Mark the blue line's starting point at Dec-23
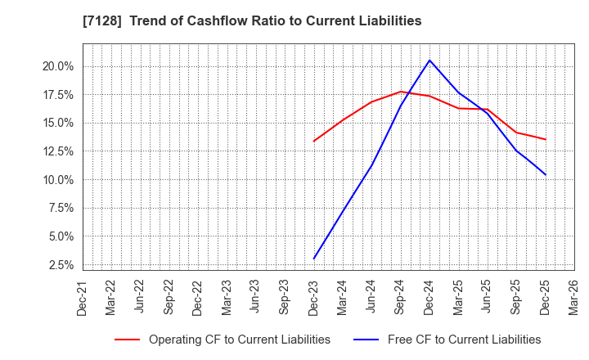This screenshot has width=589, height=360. (x=313, y=259)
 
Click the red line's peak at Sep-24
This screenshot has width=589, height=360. (x=400, y=92)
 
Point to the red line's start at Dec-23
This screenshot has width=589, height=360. (x=313, y=142)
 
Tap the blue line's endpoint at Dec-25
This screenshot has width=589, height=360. (x=545, y=174)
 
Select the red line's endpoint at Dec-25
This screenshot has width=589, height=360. (x=545, y=139)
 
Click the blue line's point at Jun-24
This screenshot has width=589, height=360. (x=371, y=165)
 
